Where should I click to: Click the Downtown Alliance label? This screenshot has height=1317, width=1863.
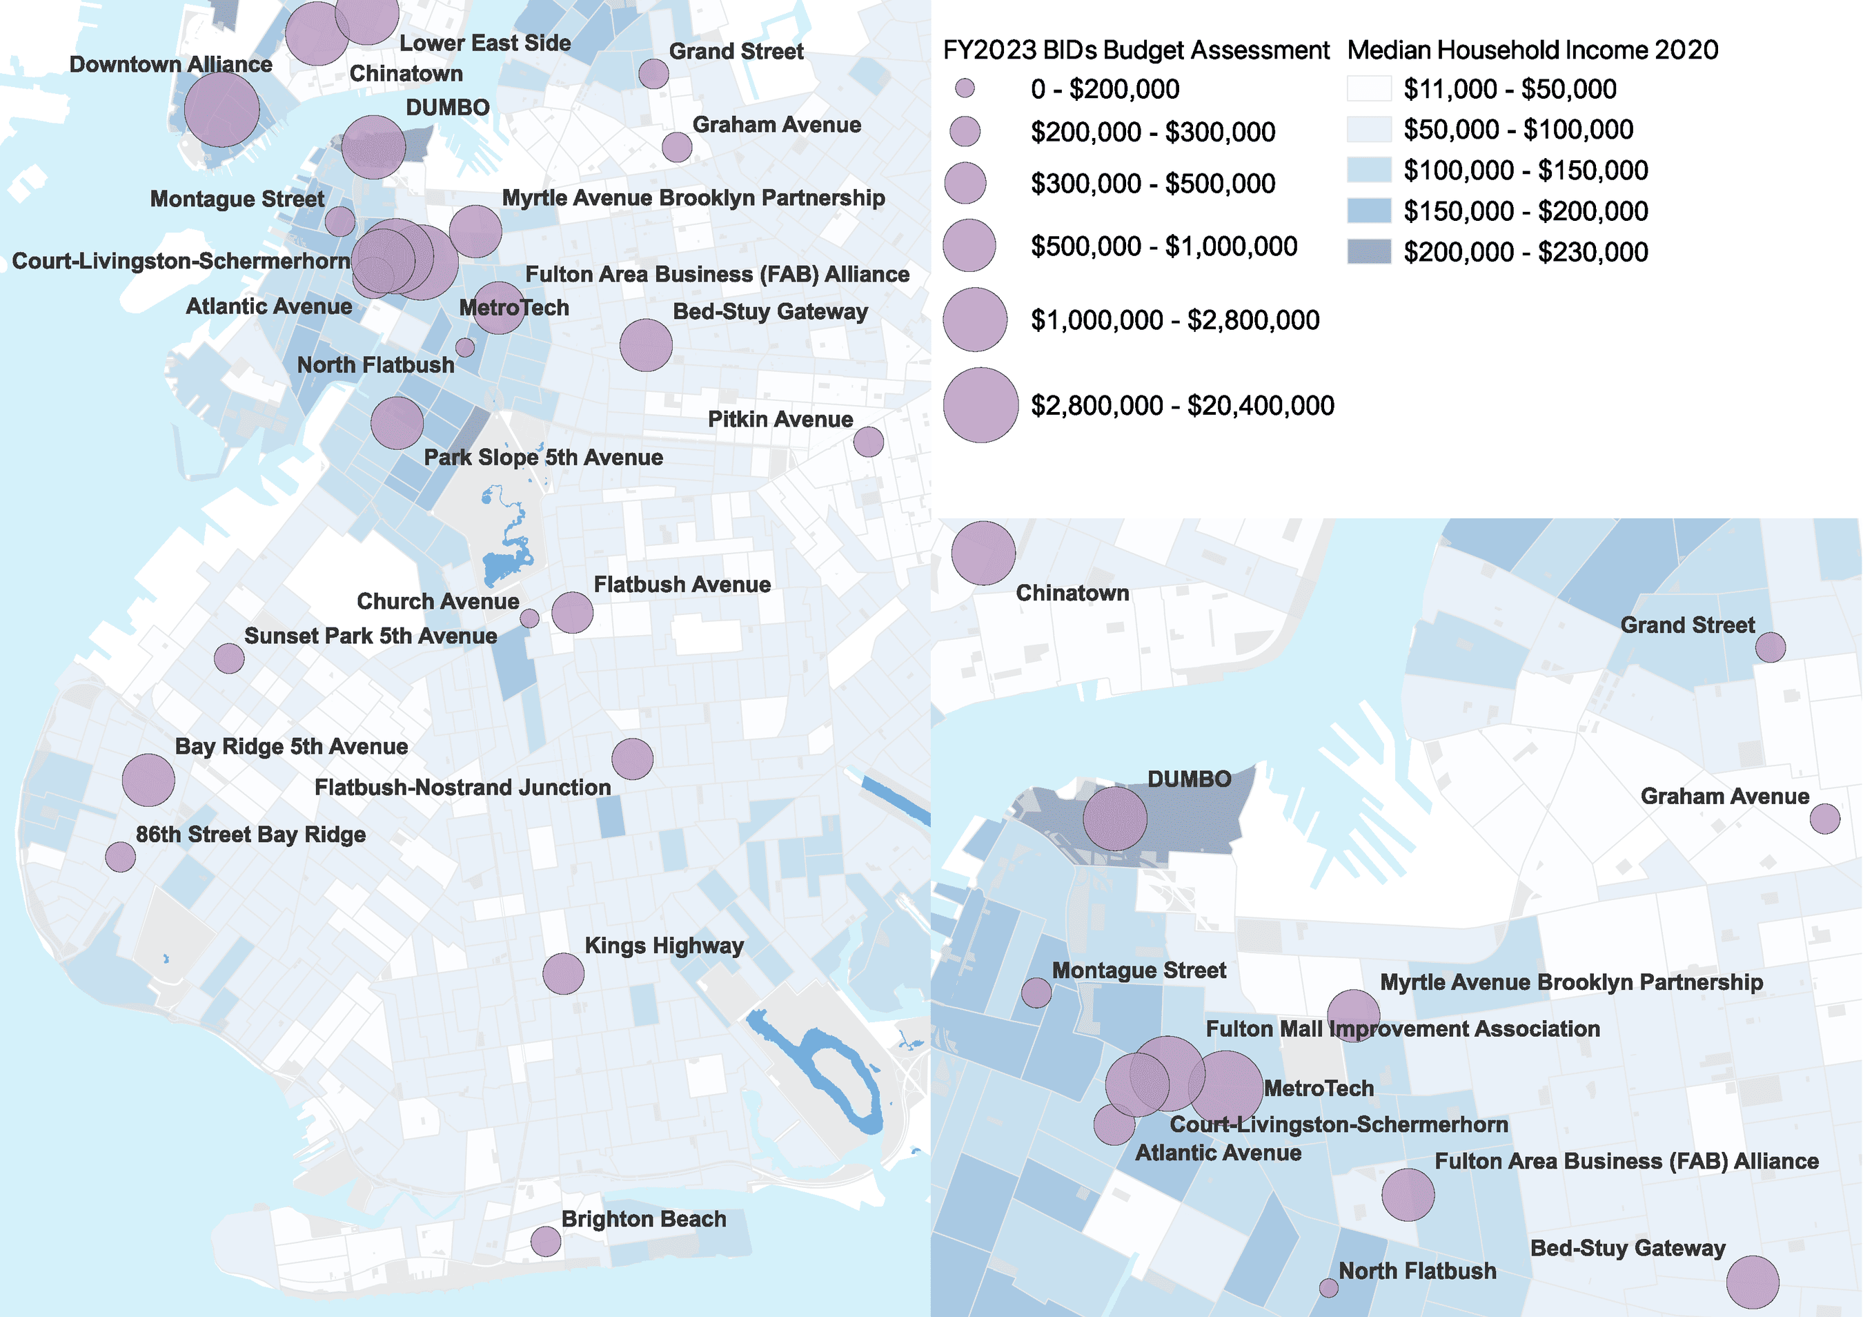pyautogui.click(x=170, y=64)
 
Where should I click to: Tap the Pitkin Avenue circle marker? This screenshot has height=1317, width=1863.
pyautogui.click(x=868, y=442)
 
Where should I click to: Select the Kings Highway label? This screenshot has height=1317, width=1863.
pyautogui.click(x=664, y=946)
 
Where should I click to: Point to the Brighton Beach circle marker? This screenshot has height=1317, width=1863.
pyautogui.click(x=546, y=1240)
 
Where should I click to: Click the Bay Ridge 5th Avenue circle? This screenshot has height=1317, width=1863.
pyautogui.click(x=148, y=780)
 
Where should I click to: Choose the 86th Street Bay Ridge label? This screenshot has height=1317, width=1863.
pyautogui.click(x=250, y=835)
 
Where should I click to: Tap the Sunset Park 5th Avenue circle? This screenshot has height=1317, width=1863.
pyautogui.click(x=229, y=658)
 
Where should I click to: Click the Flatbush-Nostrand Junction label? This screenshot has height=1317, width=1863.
pyautogui.click(x=462, y=787)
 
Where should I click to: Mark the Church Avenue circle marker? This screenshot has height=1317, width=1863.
pyautogui.click(x=529, y=618)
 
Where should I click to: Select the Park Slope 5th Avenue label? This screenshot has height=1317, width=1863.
pyautogui.click(x=543, y=457)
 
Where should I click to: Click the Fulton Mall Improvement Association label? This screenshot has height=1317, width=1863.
pyautogui.click(x=1402, y=1029)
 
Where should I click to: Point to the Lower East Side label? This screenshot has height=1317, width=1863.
pyautogui.click(x=484, y=43)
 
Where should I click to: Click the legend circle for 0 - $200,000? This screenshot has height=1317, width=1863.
pyautogui.click(x=965, y=88)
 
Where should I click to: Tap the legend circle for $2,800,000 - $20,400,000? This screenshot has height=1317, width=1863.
pyautogui.click(x=980, y=405)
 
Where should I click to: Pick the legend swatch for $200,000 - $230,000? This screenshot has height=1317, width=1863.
pyautogui.click(x=1369, y=251)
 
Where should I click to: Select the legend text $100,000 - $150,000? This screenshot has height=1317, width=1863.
pyautogui.click(x=1526, y=170)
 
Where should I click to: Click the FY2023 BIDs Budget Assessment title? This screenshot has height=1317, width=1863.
pyautogui.click(x=1136, y=50)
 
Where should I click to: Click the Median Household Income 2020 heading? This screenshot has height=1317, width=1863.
pyautogui.click(x=1532, y=50)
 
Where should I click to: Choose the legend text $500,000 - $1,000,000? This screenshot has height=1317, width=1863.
pyautogui.click(x=1163, y=246)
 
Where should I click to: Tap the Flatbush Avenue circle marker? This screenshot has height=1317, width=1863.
pyautogui.click(x=572, y=613)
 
